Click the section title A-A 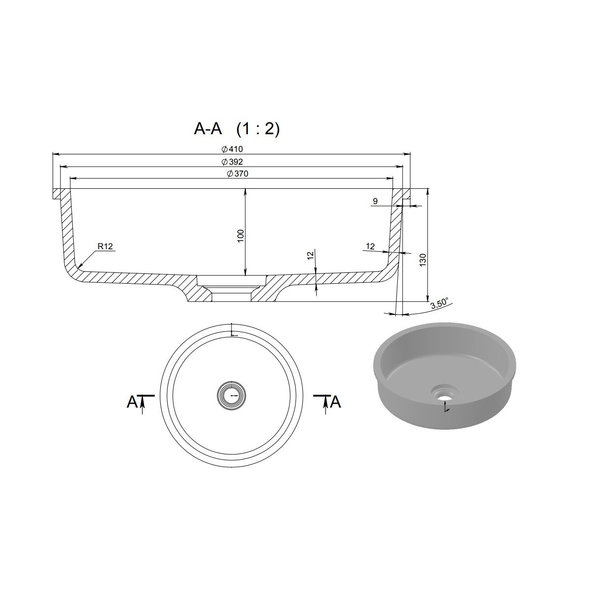pyautogui.click(x=208, y=129)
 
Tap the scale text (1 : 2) pyautogui.click(x=258, y=129)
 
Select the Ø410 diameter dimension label pyautogui.click(x=232, y=149)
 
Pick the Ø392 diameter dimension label pyautogui.click(x=232, y=161)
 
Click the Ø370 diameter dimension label pyautogui.click(x=237, y=174)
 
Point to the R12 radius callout pyautogui.click(x=106, y=246)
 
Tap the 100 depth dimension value pyautogui.click(x=240, y=236)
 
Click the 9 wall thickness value pyautogui.click(x=375, y=201)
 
